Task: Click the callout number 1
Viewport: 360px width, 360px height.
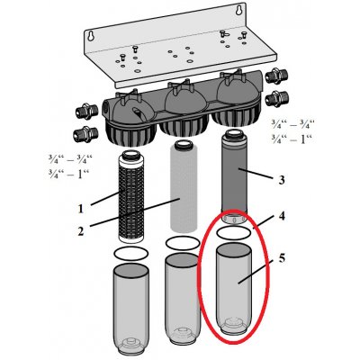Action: tap(80, 209)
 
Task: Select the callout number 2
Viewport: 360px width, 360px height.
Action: tap(81, 231)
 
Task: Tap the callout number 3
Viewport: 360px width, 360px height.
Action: tap(281, 180)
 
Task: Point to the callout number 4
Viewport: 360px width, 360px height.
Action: tap(282, 216)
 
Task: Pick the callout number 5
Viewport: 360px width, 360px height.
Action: tap(282, 258)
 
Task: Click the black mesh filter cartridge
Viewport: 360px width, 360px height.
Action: tap(131, 196)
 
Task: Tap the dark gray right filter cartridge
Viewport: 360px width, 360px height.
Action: tap(234, 176)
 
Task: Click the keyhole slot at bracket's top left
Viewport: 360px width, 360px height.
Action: tap(90, 36)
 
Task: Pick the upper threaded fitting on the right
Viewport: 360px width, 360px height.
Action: tap(277, 76)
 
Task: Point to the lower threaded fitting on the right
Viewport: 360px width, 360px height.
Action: tap(277, 98)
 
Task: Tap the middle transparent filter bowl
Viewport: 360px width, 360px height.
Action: tap(183, 299)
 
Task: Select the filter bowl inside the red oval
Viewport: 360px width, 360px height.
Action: tap(234, 290)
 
